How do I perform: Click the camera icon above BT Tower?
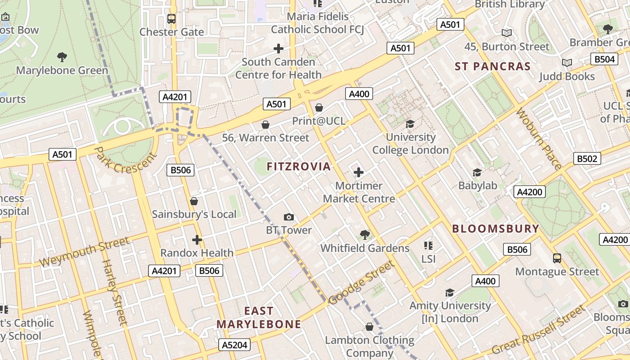pyautogui.click(x=289, y=217)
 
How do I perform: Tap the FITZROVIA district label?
pyautogui.click(x=298, y=167)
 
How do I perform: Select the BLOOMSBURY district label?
pyautogui.click(x=495, y=229)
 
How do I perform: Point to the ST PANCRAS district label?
pyautogui.click(x=493, y=67)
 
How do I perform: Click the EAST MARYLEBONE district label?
pyautogui.click(x=259, y=318)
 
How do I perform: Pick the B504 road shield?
pyautogui.click(x=604, y=59)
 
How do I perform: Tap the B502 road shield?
pyautogui.click(x=587, y=158)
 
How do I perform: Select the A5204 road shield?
pyautogui.click(x=234, y=345)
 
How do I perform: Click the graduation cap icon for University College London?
pyautogui.click(x=410, y=124)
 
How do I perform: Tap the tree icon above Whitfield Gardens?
pyautogui.click(x=365, y=235)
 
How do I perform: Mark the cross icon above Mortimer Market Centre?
pyautogui.click(x=359, y=172)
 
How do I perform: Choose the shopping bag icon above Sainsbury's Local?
pyautogui.click(x=194, y=201)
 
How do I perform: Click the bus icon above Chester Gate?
pyautogui.click(x=171, y=19)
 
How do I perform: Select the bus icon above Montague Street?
pyautogui.click(x=557, y=258)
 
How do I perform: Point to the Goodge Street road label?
pyautogui.click(x=361, y=283)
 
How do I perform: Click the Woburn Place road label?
pyautogui.click(x=538, y=139)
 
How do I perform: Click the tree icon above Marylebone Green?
pyautogui.click(x=62, y=57)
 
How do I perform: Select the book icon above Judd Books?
pyautogui.click(x=567, y=63)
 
